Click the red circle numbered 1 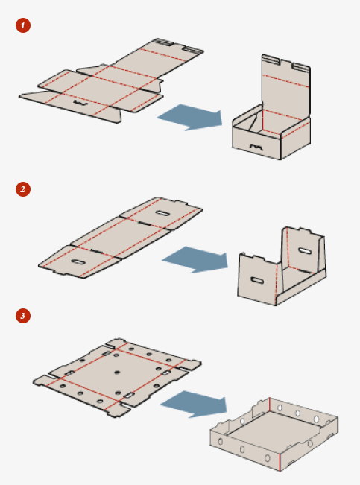coord(23,25)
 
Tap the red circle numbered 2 coord(23,189)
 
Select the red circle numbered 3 coord(23,316)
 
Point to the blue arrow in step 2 coord(196,259)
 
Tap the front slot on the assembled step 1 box coord(256,148)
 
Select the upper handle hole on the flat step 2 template coord(162,213)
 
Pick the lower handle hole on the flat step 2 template coord(78,262)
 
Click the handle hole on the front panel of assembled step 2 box coord(257,281)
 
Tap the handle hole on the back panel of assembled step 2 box coord(305,251)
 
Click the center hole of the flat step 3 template coord(117,372)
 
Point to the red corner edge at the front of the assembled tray coord(280,461)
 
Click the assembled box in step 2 coord(282,266)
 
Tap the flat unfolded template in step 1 coord(112,81)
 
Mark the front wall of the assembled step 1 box coord(256,142)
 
